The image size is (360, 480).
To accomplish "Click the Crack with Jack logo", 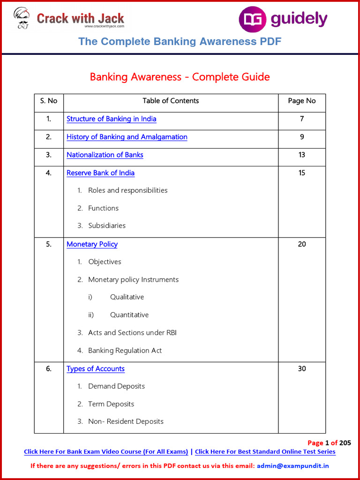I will tap(69, 19).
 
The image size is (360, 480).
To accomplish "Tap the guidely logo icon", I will tap(252, 20).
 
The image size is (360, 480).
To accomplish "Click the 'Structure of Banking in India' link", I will tap(112, 119).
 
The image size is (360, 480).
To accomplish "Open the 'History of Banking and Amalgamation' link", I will tap(127, 137).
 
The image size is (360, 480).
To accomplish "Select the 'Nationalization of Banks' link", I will tap(105, 155).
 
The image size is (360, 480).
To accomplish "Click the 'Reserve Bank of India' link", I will tap(100, 173).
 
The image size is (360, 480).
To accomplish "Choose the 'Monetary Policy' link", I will tap(92, 244).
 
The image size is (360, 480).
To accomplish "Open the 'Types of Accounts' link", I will tap(96, 369).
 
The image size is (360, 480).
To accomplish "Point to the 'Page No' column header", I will tap(302, 101).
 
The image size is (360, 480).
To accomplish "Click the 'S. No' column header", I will tap(49, 101).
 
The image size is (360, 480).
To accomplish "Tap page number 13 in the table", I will tap(302, 155).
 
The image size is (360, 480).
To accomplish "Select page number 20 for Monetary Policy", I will tap(302, 244).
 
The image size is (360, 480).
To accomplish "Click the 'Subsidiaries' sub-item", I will tap(107, 226).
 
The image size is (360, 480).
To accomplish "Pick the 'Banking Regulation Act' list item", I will tap(125, 351).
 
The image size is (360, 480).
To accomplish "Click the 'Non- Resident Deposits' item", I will tap(126, 421).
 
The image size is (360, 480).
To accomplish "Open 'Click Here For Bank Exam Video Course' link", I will tap(106, 452).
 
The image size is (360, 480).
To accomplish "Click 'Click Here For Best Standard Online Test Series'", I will tap(265, 452).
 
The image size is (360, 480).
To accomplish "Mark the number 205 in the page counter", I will tap(345, 443).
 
